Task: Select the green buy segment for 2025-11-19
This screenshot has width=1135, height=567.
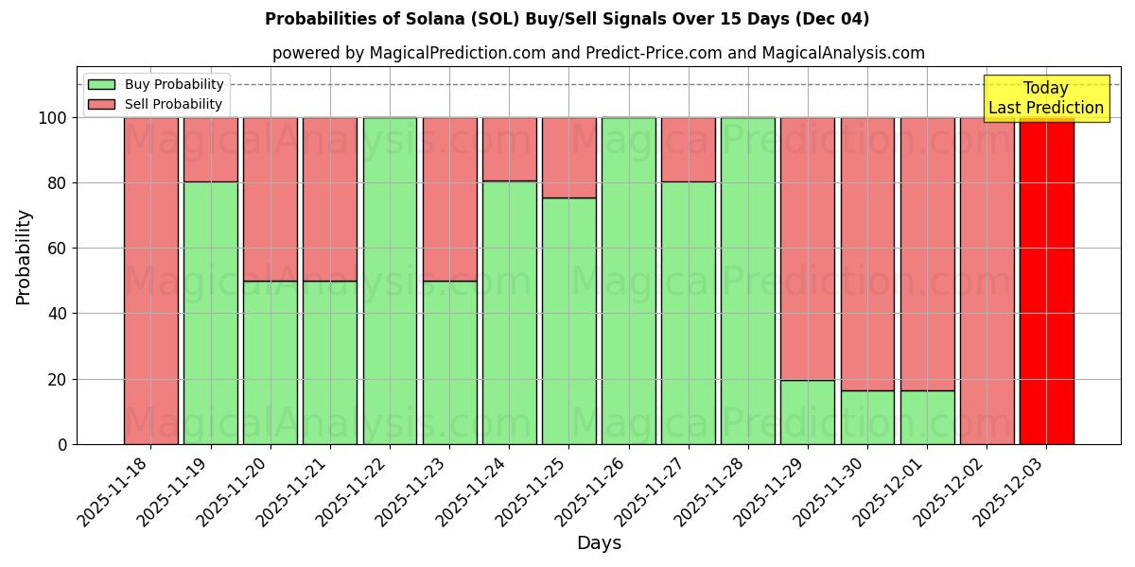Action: tap(210, 313)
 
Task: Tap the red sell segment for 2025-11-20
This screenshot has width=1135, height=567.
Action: tap(271, 198)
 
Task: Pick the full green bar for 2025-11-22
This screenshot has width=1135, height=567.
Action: tap(390, 281)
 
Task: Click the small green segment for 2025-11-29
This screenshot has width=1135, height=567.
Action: tap(808, 412)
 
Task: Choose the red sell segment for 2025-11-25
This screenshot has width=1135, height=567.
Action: tap(569, 157)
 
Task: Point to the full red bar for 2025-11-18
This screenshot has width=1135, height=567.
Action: tap(150, 281)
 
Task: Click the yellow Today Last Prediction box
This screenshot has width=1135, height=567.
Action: tap(1045, 98)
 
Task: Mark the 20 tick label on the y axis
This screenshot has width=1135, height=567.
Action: tap(56, 379)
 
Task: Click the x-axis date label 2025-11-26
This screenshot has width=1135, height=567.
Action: tap(591, 501)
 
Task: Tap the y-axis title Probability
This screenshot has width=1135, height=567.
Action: tap(24, 256)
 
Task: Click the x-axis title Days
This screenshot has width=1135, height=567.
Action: tap(599, 543)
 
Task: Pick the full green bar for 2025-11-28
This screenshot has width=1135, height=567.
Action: tap(748, 281)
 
